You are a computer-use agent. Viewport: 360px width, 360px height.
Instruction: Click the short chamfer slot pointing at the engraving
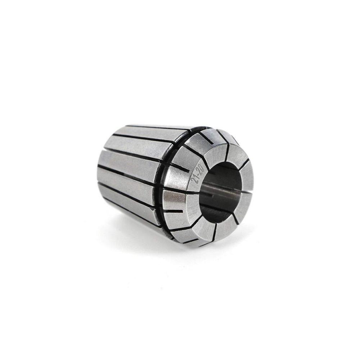click(x=181, y=168)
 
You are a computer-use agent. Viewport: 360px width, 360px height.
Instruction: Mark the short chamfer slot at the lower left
click(x=174, y=211)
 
